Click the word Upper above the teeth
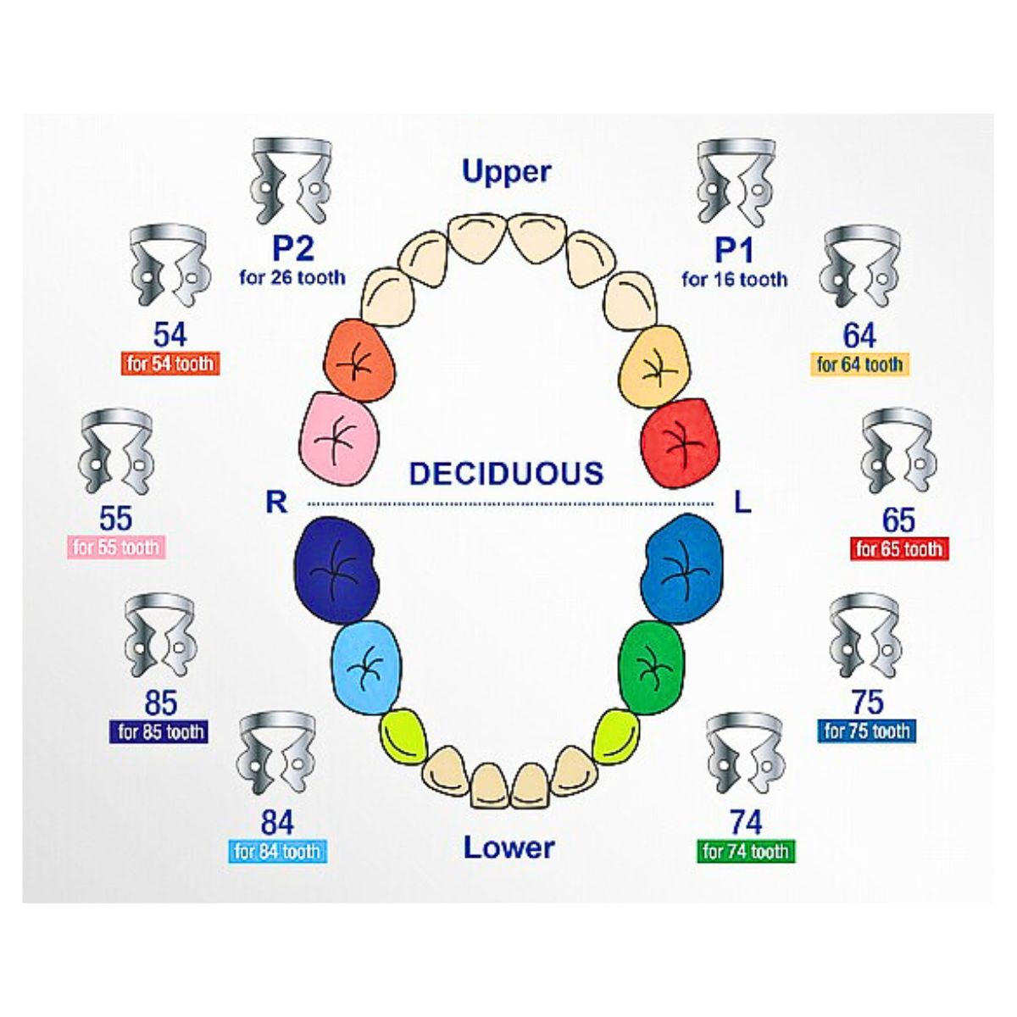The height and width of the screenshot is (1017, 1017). (507, 171)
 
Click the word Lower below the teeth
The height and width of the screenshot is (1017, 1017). (508, 847)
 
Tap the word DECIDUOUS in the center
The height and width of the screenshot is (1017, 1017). (506, 473)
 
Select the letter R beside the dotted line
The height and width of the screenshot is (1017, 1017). (276, 503)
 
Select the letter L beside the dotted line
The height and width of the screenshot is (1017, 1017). (742, 503)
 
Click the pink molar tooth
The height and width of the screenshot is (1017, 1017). (338, 437)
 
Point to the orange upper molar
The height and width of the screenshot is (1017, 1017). (359, 360)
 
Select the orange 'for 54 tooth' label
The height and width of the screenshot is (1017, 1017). (171, 364)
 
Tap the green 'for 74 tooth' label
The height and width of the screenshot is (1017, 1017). (746, 851)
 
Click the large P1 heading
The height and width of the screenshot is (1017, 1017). (734, 250)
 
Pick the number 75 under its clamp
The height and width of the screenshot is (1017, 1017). (867, 702)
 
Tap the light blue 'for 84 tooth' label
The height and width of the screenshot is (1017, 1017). (278, 851)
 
